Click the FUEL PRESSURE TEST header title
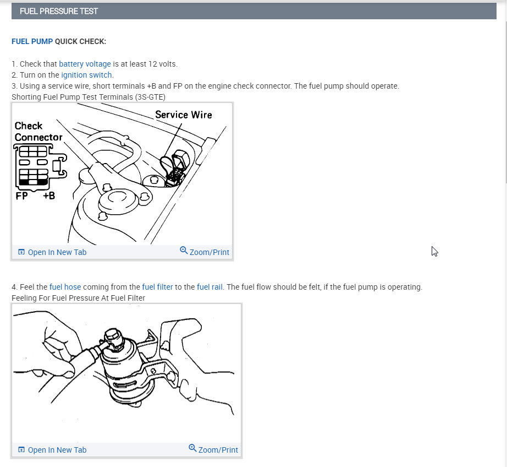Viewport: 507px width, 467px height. pos(58,12)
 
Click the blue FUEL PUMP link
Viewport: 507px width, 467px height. pos(32,41)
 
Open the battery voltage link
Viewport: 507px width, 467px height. pos(85,64)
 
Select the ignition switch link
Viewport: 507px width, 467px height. pos(86,75)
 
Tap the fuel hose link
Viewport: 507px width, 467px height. pos(65,287)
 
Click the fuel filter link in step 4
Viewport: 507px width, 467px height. pos(157,287)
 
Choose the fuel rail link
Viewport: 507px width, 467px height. pos(210,287)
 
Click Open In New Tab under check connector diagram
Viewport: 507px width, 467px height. pos(52,252)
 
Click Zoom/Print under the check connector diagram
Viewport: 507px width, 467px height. pos(205,252)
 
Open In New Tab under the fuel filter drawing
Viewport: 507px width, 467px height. pos(52,450)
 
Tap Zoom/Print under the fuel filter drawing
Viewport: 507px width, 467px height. pos(213,449)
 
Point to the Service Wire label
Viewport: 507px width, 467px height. pos(183,115)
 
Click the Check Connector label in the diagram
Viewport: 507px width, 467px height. pos(38,132)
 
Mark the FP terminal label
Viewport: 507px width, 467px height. pos(21,196)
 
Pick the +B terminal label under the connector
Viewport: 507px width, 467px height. pos(49,196)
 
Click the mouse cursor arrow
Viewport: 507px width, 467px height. pos(434,251)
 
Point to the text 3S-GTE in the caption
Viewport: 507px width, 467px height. pos(150,97)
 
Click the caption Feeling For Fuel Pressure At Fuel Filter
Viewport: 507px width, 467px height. pos(78,298)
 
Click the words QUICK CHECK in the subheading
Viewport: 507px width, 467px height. pos(80,41)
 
